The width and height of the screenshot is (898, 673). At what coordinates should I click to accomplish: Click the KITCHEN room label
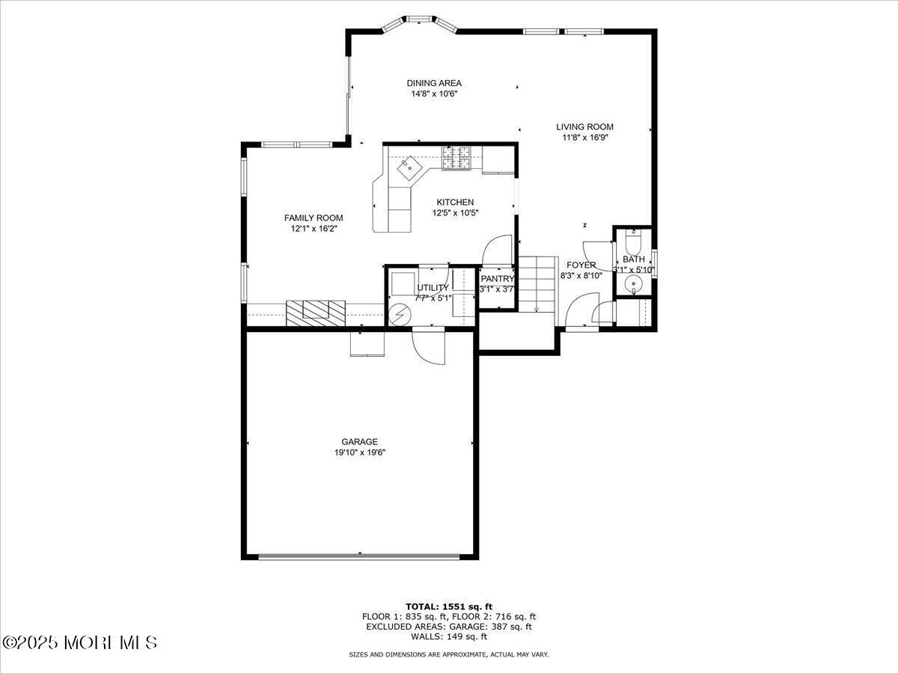pos(455,202)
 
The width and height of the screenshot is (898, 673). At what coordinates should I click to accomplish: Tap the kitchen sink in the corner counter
pos(409,168)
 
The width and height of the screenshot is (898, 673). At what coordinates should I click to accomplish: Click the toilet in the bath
pos(633,245)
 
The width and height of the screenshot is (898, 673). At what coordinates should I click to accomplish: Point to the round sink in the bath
pos(633,283)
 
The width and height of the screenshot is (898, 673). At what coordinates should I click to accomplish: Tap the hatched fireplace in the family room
pos(315,312)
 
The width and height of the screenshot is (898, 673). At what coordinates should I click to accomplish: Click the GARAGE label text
pos(360,442)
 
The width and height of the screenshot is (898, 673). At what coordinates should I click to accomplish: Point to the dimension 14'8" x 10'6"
pos(433,94)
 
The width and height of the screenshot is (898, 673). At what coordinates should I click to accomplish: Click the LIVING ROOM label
pos(584,127)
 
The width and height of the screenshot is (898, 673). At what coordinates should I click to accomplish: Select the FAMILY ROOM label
pos(314,218)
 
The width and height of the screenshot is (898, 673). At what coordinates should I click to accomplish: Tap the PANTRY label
pos(497,279)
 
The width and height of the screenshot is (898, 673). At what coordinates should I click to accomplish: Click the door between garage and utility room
pos(428,346)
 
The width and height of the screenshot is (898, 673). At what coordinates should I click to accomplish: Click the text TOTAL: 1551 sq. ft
pos(448,606)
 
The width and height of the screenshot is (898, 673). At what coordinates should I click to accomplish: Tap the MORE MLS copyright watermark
pos(79,642)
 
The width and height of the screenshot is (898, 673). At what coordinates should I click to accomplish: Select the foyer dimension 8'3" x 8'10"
pos(581,275)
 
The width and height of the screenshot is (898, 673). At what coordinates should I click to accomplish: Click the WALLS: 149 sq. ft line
pos(448,637)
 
